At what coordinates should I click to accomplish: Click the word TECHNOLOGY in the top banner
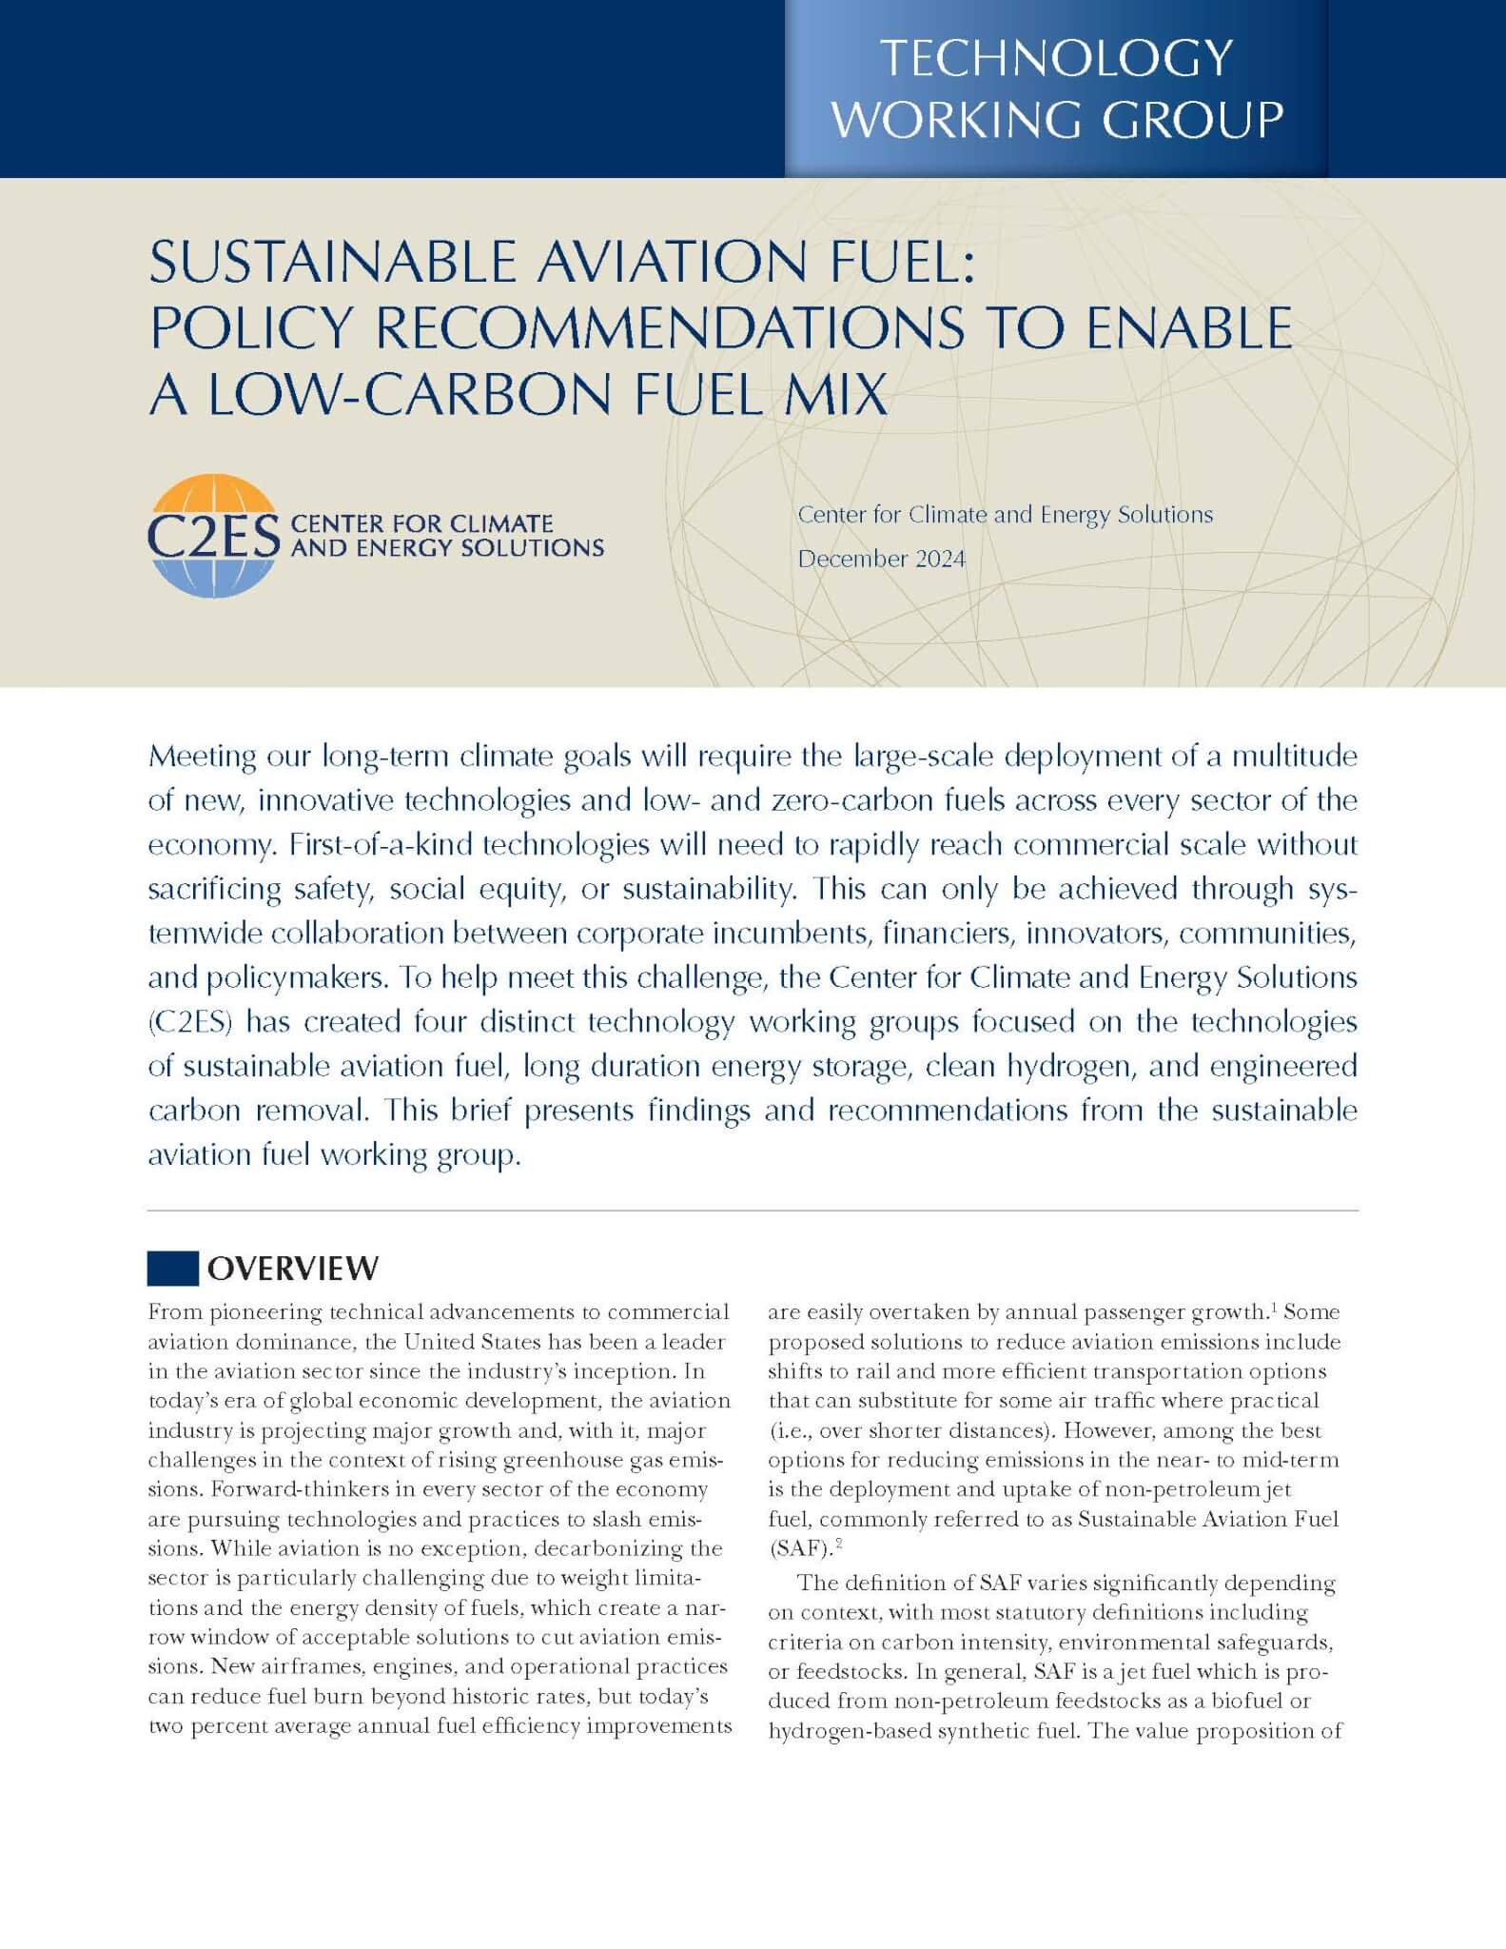pos(1056,58)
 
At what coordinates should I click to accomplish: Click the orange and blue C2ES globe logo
pos(213,536)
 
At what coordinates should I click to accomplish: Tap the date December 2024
pos(881,559)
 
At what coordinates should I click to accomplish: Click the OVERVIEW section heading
pos(293,1269)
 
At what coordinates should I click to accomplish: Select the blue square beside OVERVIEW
pos(172,1269)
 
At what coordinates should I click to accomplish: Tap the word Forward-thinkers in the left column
pos(254,1489)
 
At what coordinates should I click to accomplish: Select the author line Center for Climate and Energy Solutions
pos(1005,515)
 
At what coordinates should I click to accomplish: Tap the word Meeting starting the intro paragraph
pos(203,757)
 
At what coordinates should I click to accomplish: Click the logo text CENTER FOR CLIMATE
pos(421,523)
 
